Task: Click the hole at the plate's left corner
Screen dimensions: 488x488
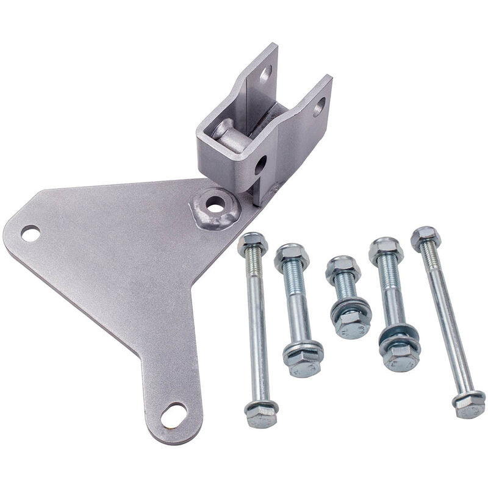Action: click(30, 233)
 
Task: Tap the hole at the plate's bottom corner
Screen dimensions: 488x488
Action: click(174, 415)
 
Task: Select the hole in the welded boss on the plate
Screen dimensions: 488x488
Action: click(215, 206)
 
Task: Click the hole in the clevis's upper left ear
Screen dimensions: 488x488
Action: click(265, 75)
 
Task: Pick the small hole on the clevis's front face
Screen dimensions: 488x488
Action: click(260, 163)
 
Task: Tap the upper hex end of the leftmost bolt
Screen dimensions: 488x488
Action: click(253, 243)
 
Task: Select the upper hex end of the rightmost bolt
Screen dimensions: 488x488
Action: click(425, 237)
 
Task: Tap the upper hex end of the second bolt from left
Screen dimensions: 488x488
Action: click(291, 256)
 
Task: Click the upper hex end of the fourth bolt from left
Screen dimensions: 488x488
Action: click(386, 249)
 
